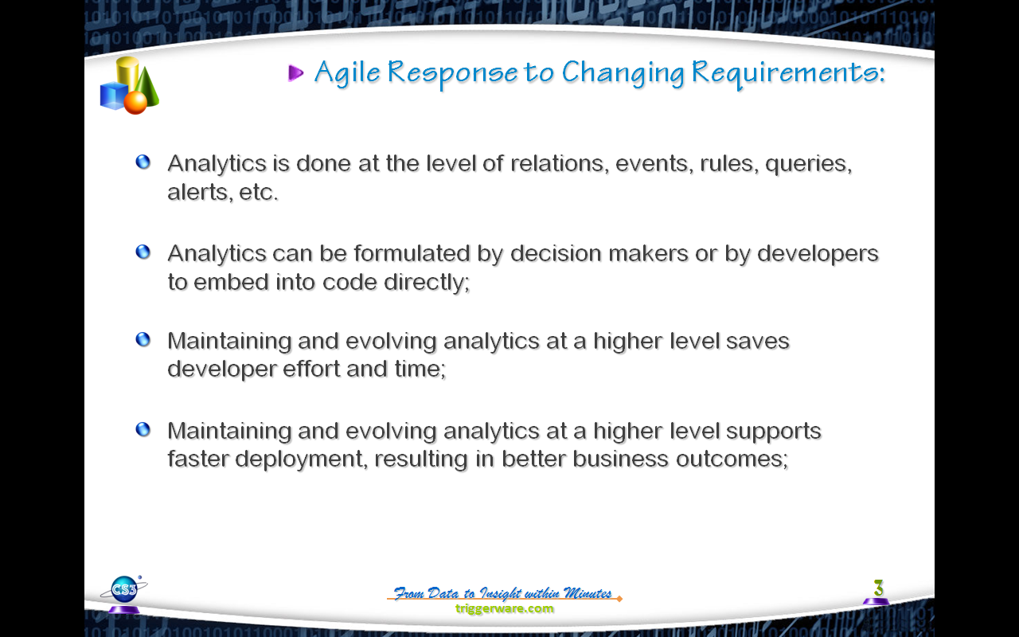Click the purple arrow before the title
tap(295, 72)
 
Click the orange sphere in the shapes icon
tap(135, 103)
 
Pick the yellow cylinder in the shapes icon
tap(127, 74)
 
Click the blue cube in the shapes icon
tap(113, 96)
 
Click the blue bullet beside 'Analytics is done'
tap(143, 162)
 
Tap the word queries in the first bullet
tap(808, 164)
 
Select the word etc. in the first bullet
tap(259, 193)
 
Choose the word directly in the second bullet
tap(427, 283)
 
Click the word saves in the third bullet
tap(757, 342)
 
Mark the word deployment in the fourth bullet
tap(301, 459)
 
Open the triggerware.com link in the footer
tap(505, 609)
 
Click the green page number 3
tap(878, 588)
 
